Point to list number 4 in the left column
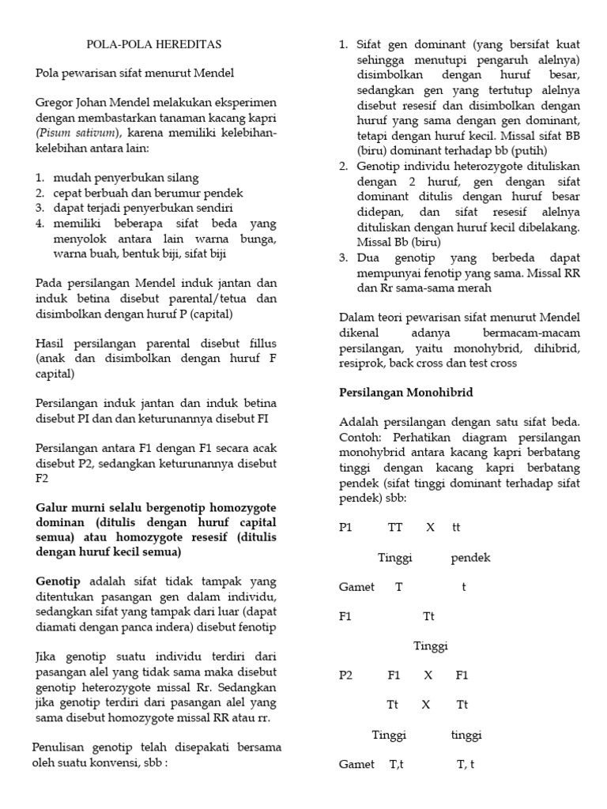point(40,224)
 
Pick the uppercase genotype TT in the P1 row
point(395,527)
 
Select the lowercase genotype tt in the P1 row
point(456,527)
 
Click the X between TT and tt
point(431,527)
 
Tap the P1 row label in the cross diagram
point(345,527)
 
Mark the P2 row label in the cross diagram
point(346,675)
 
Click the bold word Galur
point(52,507)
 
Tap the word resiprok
point(362,363)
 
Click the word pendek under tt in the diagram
point(470,558)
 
